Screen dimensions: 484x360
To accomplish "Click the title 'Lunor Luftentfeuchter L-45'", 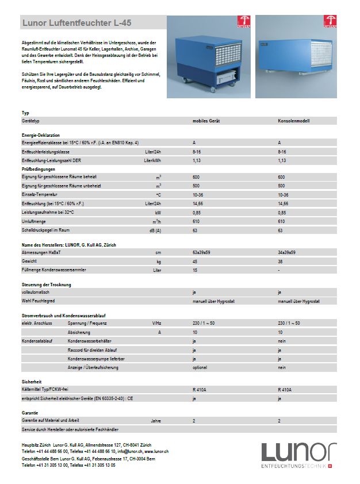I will (76, 24).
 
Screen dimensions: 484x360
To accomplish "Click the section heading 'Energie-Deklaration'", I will (41, 135).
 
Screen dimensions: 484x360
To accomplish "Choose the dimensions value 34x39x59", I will (286, 252).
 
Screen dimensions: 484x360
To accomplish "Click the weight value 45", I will (196, 261).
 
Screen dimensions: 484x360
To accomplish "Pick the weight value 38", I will (280, 261).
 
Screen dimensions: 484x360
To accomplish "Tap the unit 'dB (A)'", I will (155, 230).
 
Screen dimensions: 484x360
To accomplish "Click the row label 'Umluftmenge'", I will (34, 221).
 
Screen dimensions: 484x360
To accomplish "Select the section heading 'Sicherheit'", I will (31, 382).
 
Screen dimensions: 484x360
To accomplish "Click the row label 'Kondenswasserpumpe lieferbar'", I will (95, 358).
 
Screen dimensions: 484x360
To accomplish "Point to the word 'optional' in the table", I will (200, 367).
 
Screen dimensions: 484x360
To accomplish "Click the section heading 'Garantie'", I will (30, 413).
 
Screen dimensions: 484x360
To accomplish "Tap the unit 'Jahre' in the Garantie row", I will (155, 421).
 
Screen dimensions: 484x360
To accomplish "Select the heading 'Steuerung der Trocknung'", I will (47, 285).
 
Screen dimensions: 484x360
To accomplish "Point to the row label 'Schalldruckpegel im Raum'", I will (45, 230).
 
